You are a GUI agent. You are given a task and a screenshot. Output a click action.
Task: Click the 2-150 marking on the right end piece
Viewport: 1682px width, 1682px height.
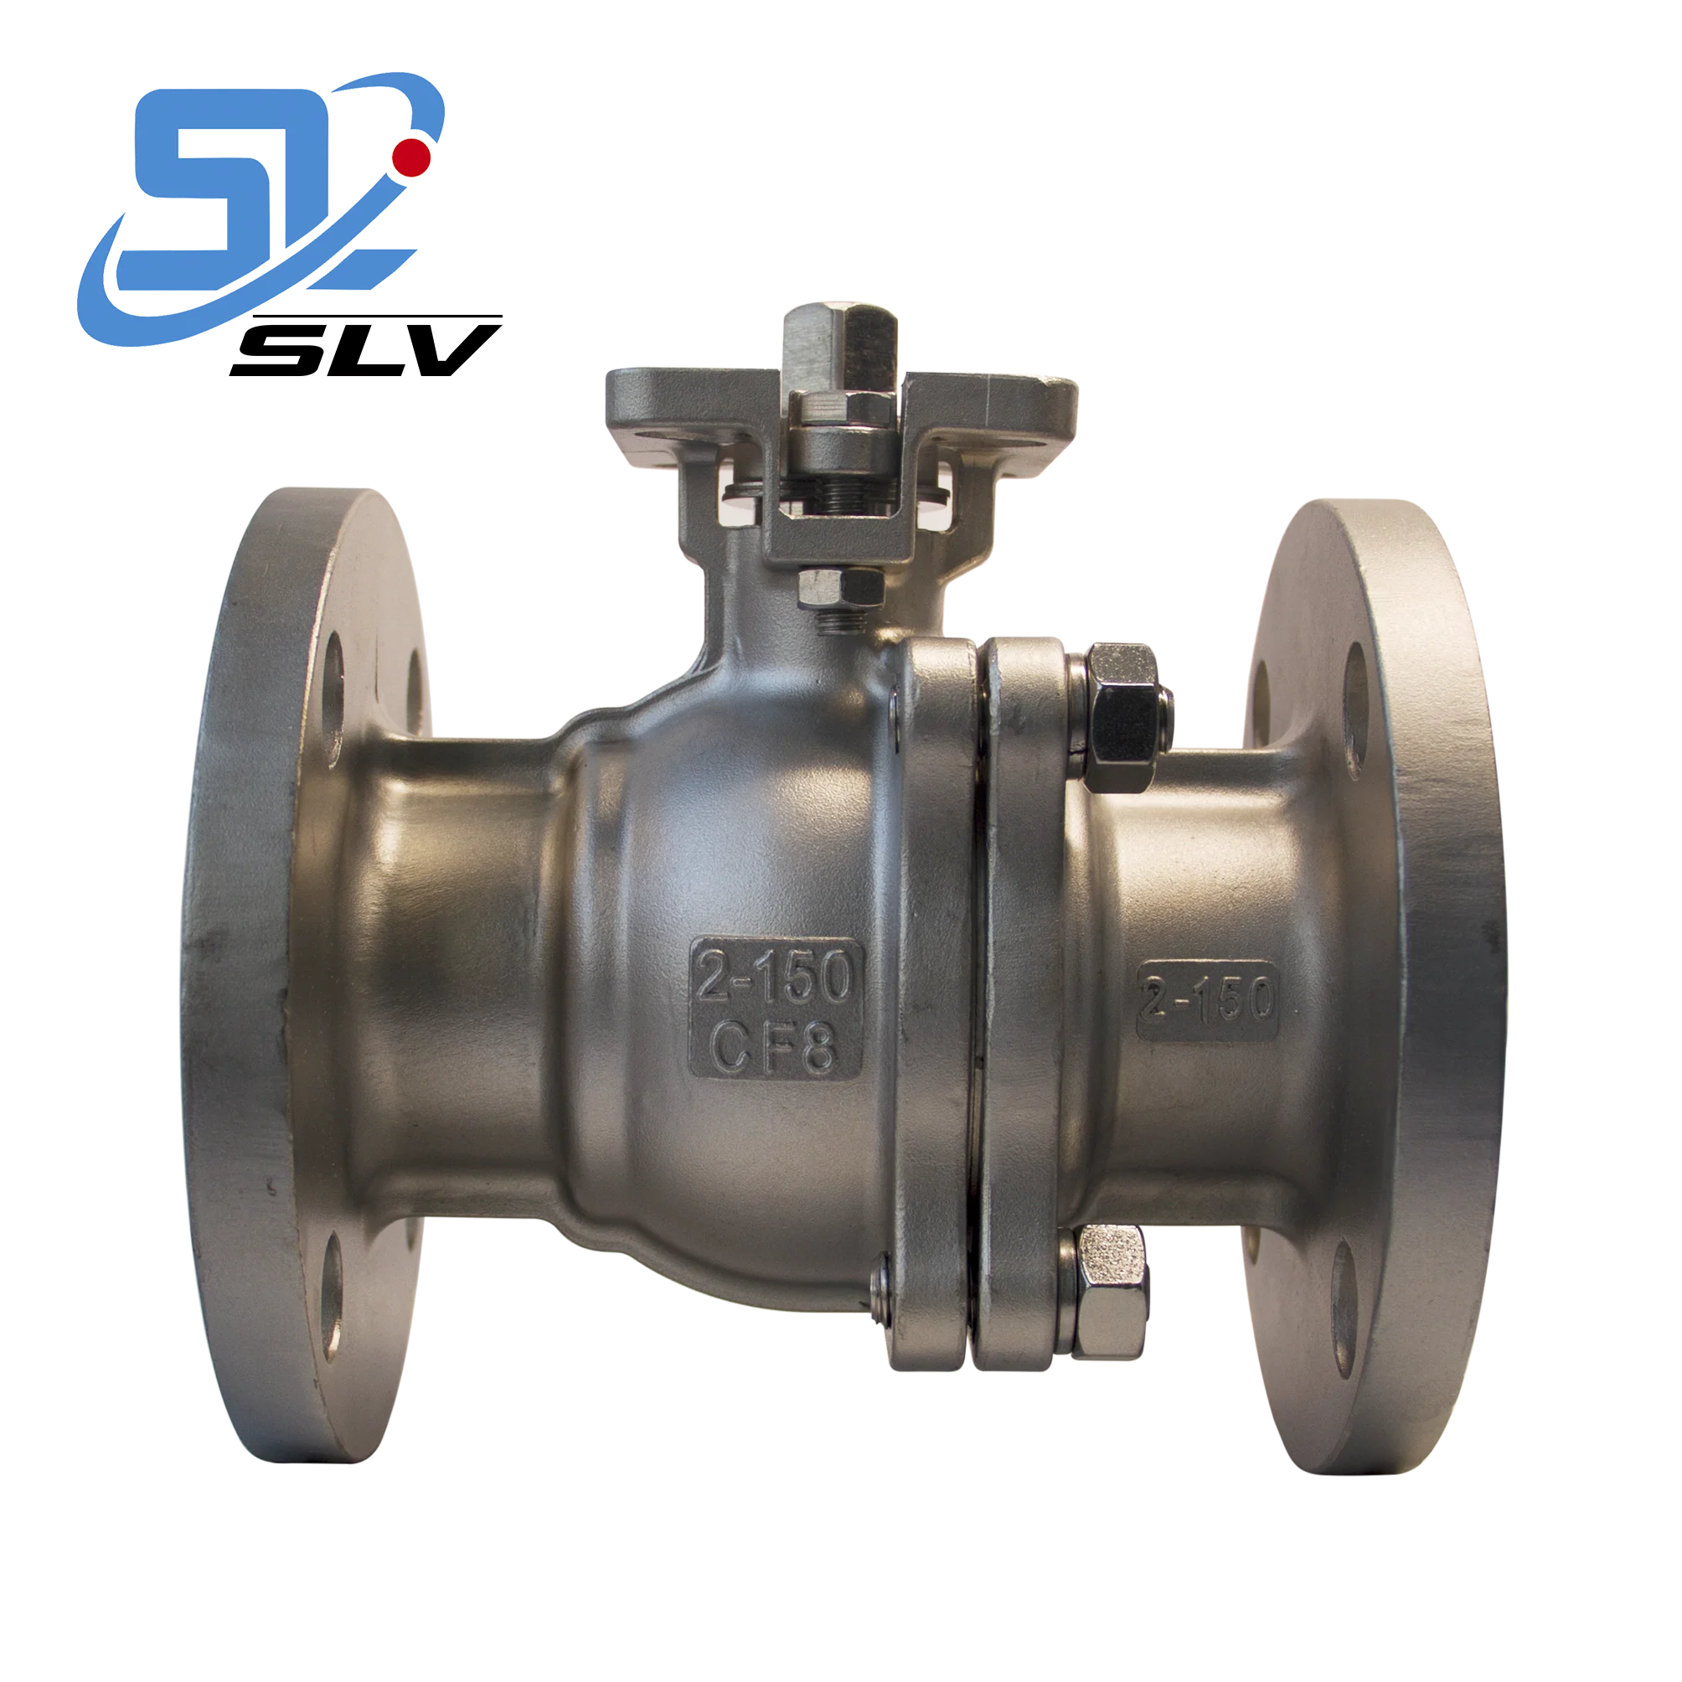[1208, 1002]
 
